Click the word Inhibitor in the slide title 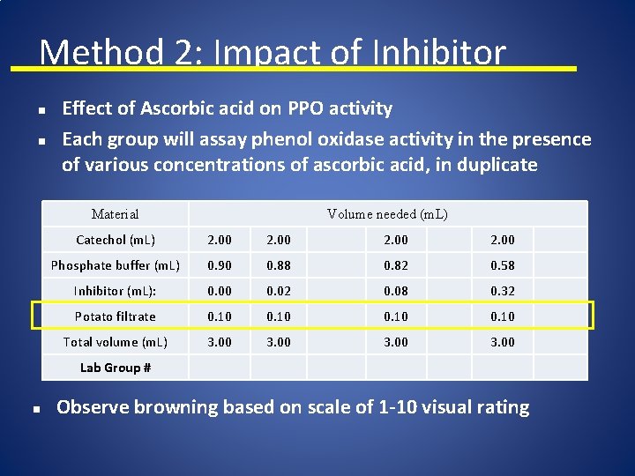point(439,53)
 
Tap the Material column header point(116,214)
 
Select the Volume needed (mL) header point(387,214)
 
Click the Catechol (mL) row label point(116,240)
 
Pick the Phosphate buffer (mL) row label point(116,265)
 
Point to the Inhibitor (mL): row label point(116,291)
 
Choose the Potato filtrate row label point(116,316)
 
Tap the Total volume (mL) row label point(116,342)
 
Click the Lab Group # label point(116,368)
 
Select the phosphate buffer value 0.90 point(220,265)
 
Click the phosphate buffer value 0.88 point(278,265)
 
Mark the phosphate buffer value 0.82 point(396,265)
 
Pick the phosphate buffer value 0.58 point(503,265)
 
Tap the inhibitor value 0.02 point(278,291)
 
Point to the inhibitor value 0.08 point(396,291)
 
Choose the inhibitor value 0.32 point(503,291)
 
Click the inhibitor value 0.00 point(220,291)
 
